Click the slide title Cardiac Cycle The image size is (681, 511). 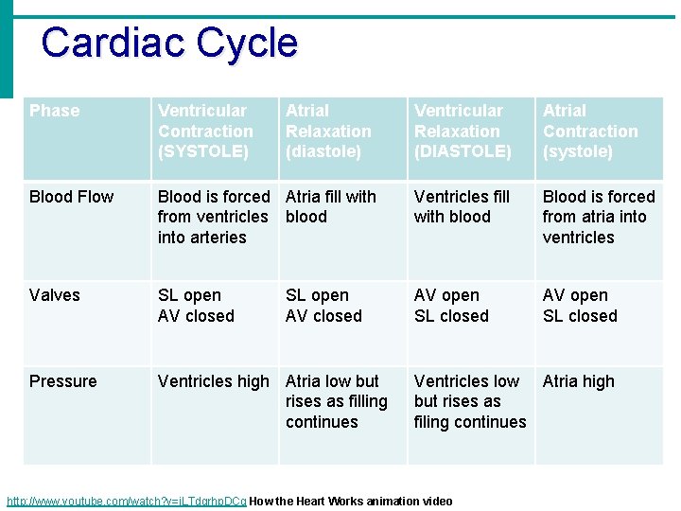pos(169,44)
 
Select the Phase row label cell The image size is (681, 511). pos(55,111)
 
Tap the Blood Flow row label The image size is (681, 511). pos(71,197)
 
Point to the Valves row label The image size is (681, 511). pos(55,295)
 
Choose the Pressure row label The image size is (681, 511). pos(62,381)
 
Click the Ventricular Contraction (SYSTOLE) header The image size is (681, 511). pos(205,131)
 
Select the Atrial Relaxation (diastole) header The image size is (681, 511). pos(328,131)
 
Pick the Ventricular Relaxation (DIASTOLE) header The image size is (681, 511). pos(463,131)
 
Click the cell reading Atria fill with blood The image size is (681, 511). pos(331,206)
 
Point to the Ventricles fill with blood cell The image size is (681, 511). pos(462,206)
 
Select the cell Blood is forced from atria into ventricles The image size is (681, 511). pos(599,217)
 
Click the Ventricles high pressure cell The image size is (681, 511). pos(214,381)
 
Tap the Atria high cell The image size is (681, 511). pos(579,381)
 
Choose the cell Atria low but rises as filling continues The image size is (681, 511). pos(337,401)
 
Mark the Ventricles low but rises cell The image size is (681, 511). pos(469,401)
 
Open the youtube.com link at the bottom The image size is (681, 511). pos(127,502)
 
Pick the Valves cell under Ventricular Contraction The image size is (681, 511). pos(196,306)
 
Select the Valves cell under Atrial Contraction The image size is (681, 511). pos(580,306)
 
